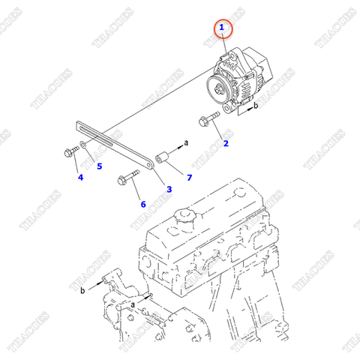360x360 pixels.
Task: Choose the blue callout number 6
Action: pos(142,203)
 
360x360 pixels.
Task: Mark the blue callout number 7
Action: pos(189,177)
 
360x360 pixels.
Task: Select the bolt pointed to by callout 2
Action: pos(207,119)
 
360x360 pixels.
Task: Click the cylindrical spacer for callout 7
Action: pos(160,158)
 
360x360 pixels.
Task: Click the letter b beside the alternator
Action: pos(256,106)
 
